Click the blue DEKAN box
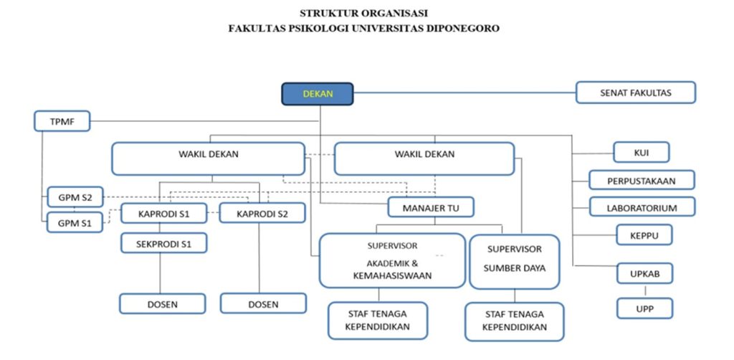[x=318, y=94]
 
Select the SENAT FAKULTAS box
[x=635, y=93]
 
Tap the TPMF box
[x=62, y=122]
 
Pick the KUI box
[x=641, y=153]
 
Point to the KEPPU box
[x=644, y=235]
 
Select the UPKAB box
[x=644, y=274]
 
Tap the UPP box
[x=644, y=308]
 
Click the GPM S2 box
[x=75, y=196]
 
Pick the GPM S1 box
[x=75, y=222]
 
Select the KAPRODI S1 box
[x=163, y=213]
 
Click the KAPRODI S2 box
[x=262, y=213]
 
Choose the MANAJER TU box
[x=431, y=207]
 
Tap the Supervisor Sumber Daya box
[x=514, y=260]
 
